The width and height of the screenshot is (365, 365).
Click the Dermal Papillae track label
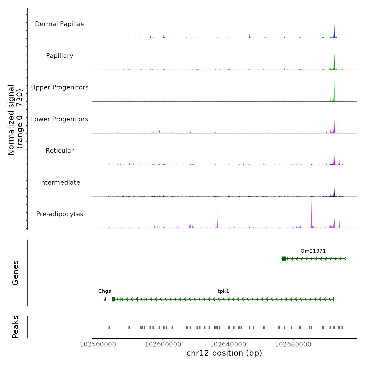(60, 24)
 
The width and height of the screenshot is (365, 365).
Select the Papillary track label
(60, 56)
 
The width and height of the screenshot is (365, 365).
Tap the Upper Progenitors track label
(60, 87)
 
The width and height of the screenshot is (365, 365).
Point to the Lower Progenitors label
(60, 119)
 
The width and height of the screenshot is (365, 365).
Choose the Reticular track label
(60, 151)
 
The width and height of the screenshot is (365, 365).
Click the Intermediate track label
(60, 182)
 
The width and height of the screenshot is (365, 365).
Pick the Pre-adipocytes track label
(60, 214)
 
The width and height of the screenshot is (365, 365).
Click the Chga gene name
(105, 291)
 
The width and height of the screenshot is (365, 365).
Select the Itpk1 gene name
(222, 291)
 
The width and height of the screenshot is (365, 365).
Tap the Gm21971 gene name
(313, 251)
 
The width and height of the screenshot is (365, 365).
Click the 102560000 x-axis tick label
(98, 344)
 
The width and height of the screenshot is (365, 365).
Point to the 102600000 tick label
(163, 344)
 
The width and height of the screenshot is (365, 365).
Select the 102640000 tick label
(228, 344)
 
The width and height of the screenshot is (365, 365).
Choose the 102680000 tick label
(293, 344)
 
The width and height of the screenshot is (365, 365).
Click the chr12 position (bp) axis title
(224, 353)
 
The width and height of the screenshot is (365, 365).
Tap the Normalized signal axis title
(15, 120)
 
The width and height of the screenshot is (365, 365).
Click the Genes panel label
(15, 273)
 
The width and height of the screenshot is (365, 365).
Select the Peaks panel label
(15, 327)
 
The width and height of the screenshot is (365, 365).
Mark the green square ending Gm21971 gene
(284, 259)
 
